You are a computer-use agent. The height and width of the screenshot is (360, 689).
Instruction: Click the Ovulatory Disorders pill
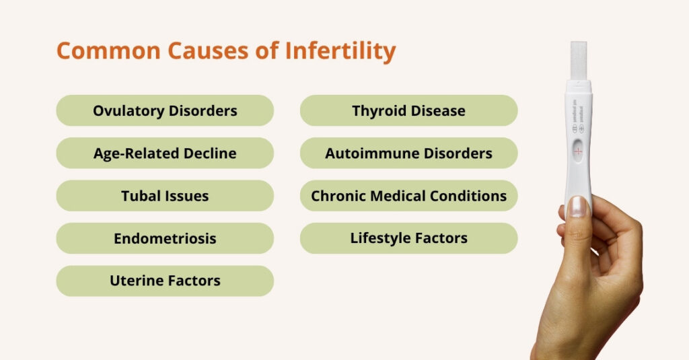165,110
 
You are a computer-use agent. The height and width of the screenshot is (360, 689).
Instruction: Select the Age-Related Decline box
165,153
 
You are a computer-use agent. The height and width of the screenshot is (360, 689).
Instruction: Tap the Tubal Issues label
165,196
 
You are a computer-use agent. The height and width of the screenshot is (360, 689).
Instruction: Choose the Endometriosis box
165,238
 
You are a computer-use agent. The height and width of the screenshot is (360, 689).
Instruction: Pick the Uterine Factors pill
165,281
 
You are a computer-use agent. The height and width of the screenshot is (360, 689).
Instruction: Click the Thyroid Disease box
408,110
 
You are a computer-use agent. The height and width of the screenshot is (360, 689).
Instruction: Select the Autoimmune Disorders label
408,153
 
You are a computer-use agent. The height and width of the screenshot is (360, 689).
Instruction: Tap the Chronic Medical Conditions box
408,196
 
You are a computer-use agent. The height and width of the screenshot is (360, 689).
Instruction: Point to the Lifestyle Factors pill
408,238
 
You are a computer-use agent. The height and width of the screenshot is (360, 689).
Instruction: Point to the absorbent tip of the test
579,61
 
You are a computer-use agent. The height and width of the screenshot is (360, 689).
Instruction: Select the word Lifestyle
379,238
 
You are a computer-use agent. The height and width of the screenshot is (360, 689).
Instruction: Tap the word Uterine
135,281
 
